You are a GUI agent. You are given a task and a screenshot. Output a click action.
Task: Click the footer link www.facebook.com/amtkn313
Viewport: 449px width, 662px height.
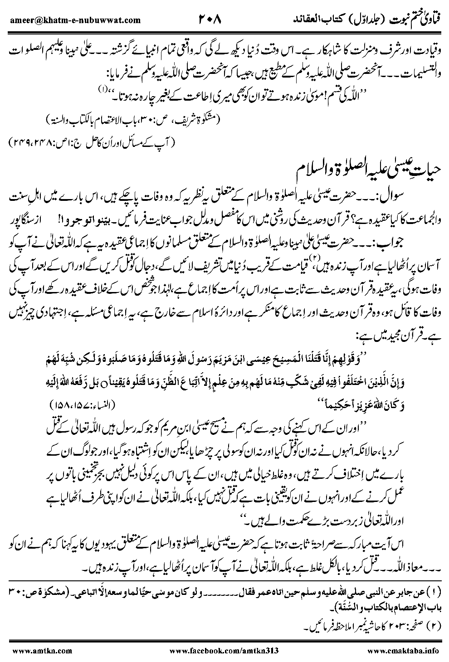pos(223,650)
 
